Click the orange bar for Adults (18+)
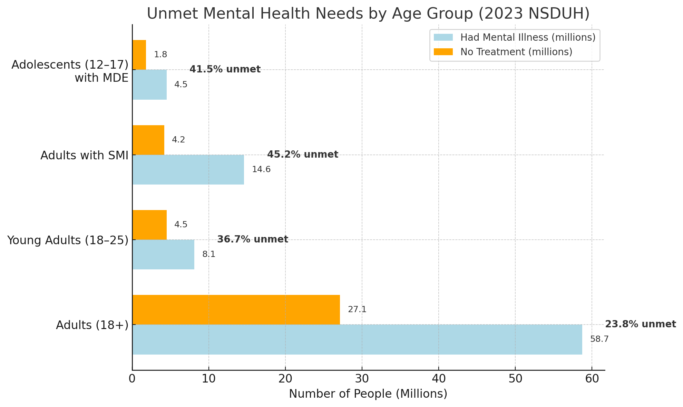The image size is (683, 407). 236,310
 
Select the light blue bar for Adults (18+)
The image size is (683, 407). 357,339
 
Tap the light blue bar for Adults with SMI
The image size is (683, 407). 188,170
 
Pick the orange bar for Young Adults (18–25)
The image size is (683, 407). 149,225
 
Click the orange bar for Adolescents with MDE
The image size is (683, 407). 139,55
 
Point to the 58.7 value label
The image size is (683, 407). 599,339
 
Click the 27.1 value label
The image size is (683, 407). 357,310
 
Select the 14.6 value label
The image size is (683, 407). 261,170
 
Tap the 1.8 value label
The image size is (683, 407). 160,55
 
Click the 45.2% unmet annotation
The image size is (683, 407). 303,155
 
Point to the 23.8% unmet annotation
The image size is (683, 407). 640,324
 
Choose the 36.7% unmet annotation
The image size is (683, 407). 253,239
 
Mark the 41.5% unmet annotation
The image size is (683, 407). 225,69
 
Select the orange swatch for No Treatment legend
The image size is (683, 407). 443,52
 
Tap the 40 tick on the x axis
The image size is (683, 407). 438,379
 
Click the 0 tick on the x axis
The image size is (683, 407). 132,379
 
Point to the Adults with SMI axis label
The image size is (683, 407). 84,156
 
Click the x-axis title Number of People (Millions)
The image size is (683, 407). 368,394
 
